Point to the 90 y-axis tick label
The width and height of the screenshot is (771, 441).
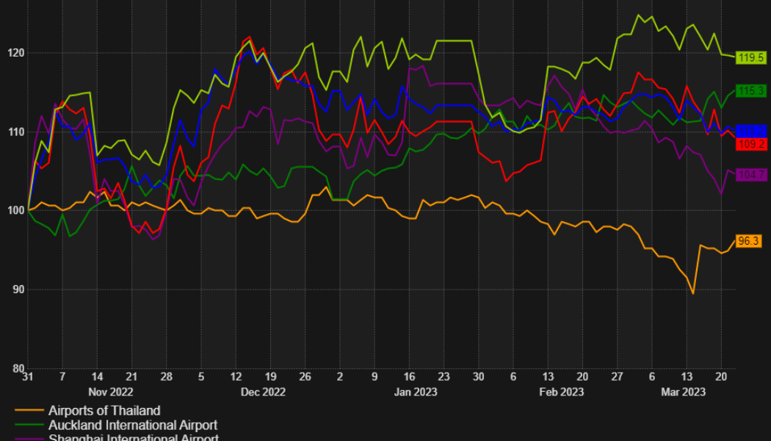[15, 290]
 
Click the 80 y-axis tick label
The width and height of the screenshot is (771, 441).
[15, 368]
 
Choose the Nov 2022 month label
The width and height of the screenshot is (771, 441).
[110, 392]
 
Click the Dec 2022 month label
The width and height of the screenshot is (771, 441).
[263, 392]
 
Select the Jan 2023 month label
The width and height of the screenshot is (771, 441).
[416, 392]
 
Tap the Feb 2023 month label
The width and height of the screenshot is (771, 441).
[562, 392]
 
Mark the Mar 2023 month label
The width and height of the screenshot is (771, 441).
[683, 392]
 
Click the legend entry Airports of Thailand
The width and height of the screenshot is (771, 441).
[104, 411]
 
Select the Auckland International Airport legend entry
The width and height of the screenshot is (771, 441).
[133, 426]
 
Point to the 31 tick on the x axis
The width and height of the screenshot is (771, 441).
[28, 376]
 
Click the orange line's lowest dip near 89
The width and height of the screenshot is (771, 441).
[692, 293]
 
